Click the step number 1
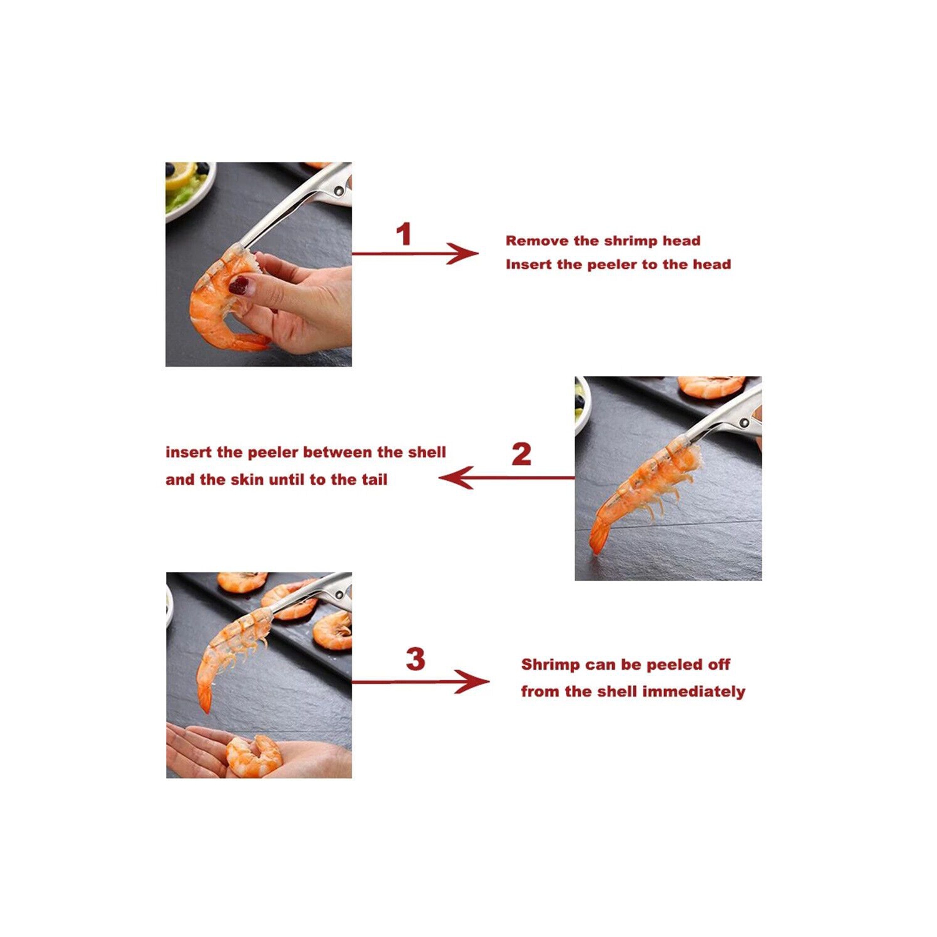(404, 234)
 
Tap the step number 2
(521, 454)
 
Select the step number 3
(415, 659)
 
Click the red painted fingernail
(239, 285)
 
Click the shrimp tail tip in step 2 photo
(597, 550)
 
